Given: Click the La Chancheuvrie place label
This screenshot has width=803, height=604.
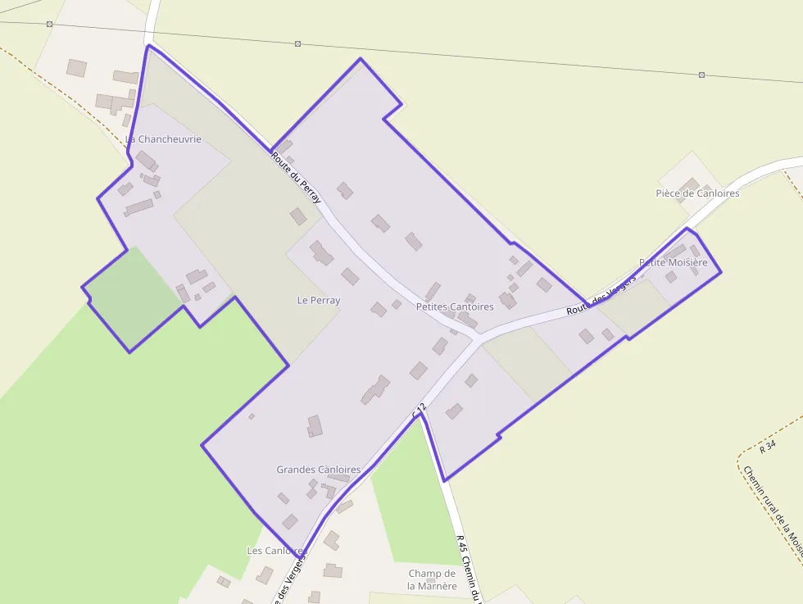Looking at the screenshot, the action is tap(164, 139).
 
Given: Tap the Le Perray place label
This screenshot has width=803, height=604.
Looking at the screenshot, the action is tap(318, 301).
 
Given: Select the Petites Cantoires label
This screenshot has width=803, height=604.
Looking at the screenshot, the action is tap(455, 307).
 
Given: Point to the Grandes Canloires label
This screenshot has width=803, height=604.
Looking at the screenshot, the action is tap(318, 470).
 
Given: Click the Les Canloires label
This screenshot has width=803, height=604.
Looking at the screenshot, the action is tap(276, 551).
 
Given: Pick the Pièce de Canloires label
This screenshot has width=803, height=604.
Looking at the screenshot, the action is tap(697, 193).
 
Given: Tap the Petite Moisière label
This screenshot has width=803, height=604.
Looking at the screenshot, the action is tap(673, 262).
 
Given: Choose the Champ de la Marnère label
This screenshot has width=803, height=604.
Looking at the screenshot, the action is tap(432, 579).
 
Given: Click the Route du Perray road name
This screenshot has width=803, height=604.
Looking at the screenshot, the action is tap(297, 178).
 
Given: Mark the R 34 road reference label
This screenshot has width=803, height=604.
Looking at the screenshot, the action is tap(767, 447).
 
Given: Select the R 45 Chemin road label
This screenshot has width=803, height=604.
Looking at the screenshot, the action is tap(469, 570).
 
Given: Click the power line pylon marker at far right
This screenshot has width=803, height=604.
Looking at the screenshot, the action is tap(702, 75).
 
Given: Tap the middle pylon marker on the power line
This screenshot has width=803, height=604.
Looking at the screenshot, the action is tap(297, 43).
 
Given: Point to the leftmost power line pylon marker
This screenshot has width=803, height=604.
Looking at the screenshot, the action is tap(49, 24).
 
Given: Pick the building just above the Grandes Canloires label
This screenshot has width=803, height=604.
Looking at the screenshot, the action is tap(315, 425).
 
